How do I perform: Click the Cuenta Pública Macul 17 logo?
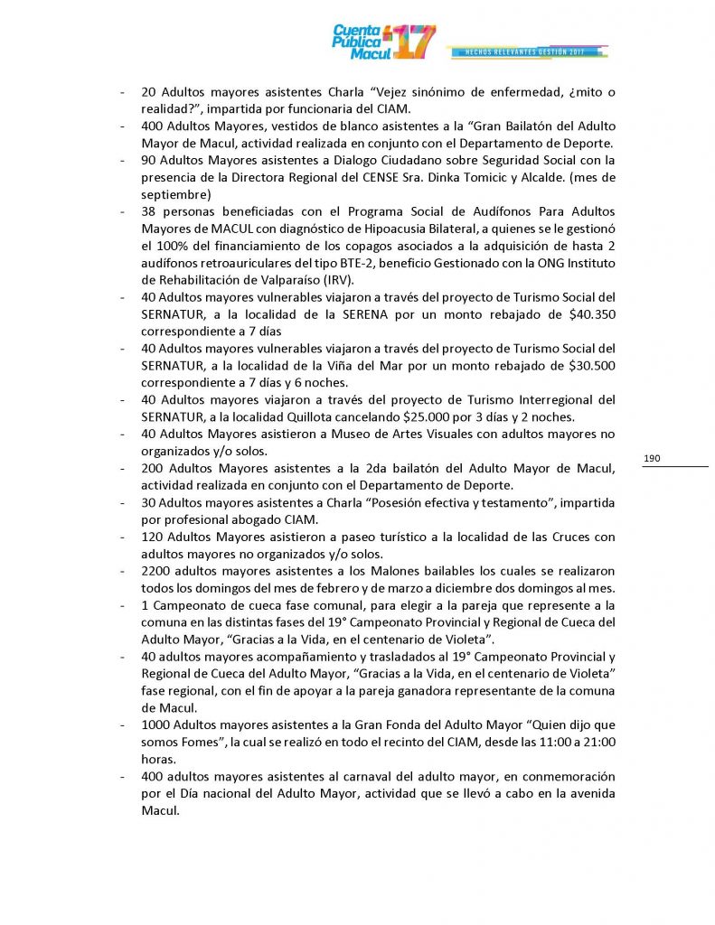(x=383, y=41)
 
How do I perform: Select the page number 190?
(x=653, y=459)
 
